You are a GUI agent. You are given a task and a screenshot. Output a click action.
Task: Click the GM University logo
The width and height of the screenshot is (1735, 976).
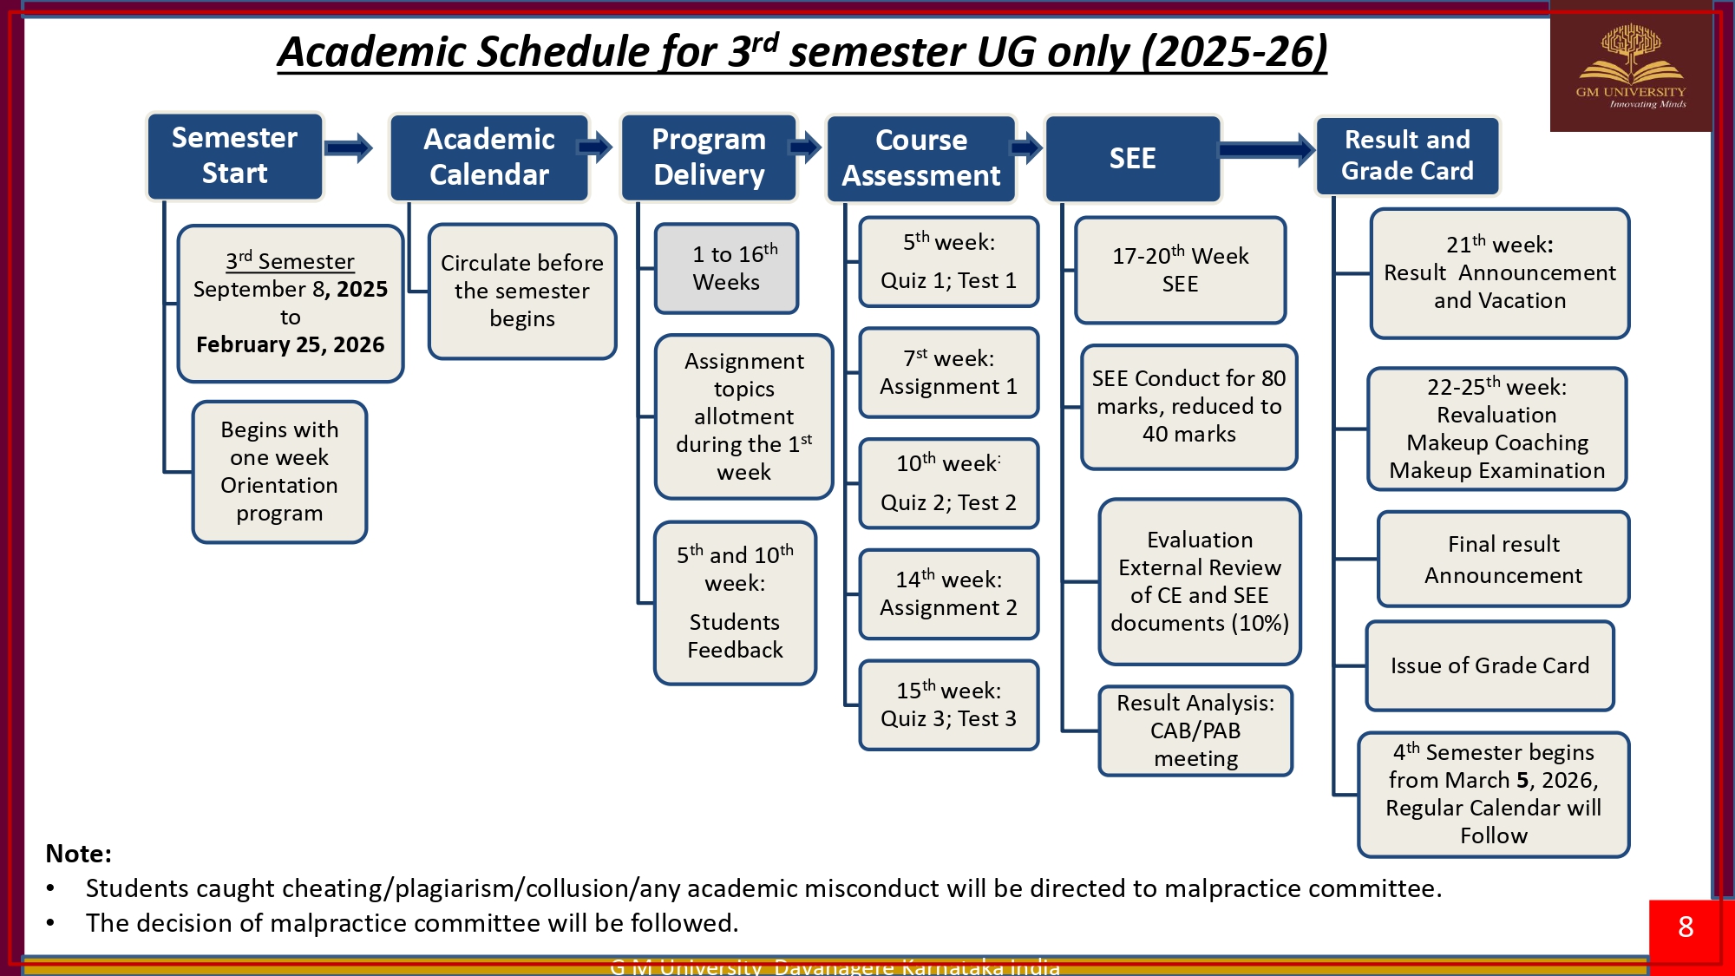[x=1631, y=68]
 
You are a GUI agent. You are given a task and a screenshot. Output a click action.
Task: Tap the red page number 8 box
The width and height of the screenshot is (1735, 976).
[x=1686, y=927]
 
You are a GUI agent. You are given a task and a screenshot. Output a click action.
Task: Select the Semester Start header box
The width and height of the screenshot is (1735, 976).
[x=234, y=156]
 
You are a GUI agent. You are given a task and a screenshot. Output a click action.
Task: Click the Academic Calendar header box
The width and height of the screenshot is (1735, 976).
[x=489, y=157]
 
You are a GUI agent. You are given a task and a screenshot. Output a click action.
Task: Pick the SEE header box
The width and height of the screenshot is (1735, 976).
[x=1132, y=158]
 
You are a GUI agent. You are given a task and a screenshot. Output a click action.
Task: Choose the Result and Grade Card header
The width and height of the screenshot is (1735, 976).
[x=1407, y=156]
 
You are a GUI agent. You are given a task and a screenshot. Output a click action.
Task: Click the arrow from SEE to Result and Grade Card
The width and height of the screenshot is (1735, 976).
[x=1267, y=150]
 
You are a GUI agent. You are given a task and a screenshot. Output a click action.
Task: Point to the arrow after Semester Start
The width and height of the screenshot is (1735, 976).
[x=349, y=148]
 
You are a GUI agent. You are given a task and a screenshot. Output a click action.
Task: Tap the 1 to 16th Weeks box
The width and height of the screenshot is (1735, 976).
[x=726, y=268]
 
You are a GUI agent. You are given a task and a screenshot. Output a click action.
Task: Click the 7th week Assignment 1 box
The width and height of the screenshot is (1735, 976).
[x=948, y=372]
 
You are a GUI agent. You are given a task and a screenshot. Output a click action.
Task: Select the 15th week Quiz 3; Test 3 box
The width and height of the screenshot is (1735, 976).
[x=948, y=704]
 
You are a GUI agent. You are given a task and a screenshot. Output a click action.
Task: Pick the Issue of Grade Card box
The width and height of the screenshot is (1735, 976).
[x=1489, y=665]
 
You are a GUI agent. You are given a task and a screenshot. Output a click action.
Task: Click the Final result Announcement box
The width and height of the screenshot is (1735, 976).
[x=1503, y=560]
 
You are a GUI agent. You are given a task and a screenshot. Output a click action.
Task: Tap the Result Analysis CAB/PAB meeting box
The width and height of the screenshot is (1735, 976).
[x=1195, y=730]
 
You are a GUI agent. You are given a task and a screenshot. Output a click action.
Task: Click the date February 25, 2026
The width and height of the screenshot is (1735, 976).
[x=290, y=344]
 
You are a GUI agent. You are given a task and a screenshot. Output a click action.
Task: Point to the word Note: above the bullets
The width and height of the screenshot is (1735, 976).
[x=78, y=854]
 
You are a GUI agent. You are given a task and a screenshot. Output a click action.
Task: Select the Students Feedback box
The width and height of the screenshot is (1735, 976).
[x=735, y=603]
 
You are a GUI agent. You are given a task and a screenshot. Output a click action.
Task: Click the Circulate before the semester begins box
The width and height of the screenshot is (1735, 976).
[x=522, y=291]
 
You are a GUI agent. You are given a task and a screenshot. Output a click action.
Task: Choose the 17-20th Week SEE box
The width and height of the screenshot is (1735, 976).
[x=1180, y=270]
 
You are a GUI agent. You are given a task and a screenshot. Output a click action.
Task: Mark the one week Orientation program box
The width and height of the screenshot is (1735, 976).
[x=279, y=471]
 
